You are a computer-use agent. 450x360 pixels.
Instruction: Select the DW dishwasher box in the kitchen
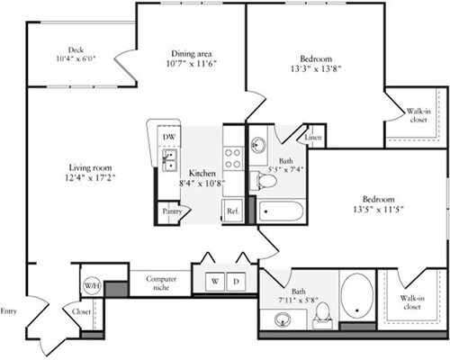tap(168, 136)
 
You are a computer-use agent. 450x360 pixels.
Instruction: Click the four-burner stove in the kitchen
tap(232, 159)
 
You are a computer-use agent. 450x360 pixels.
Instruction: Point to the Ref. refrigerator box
tap(232, 211)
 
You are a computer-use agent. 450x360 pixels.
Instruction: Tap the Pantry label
tap(171, 211)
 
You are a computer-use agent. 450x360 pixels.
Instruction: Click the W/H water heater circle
tap(92, 286)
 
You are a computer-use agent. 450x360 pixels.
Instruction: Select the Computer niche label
tap(160, 284)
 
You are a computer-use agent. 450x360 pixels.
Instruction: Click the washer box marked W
tap(214, 282)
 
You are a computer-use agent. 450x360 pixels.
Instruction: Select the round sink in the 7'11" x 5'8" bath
tap(284, 318)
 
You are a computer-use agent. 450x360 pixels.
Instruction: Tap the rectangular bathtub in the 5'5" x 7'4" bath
tap(281, 212)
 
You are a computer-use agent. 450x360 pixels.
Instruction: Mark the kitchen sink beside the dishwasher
tap(168, 160)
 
